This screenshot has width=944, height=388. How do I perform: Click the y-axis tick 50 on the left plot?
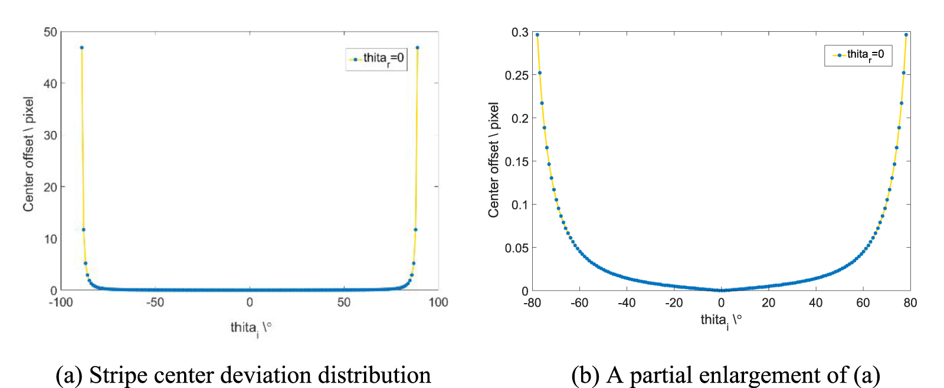coord(50,32)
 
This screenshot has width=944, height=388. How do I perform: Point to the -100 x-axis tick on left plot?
coord(60,302)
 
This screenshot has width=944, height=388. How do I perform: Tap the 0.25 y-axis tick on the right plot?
coord(517,75)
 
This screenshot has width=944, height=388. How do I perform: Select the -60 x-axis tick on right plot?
coord(579,303)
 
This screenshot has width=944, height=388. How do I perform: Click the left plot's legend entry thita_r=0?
coord(376,58)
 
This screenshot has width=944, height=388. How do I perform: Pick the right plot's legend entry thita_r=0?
coord(858,55)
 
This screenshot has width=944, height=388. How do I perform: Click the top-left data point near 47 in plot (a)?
coord(81,48)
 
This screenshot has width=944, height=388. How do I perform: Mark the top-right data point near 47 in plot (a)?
coord(417,48)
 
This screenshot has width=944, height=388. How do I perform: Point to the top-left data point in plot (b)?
coord(537,35)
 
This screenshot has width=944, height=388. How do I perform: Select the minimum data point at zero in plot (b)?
coord(721,290)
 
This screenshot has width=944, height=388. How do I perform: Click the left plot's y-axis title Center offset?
coord(28,154)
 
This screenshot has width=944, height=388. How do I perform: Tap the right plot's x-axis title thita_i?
coord(720,321)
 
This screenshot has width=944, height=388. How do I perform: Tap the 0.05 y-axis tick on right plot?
coord(517,248)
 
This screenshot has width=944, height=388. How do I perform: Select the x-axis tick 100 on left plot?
coord(438,302)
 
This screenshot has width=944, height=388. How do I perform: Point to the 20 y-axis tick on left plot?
coord(50,187)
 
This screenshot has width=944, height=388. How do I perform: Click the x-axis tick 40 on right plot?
coord(815,303)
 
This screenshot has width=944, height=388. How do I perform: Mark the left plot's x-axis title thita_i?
coord(250,328)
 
